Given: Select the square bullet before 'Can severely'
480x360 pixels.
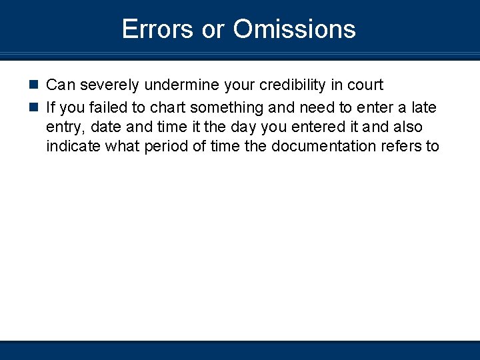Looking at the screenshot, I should click(x=34, y=85).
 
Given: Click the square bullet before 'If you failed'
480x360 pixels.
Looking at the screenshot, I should click(x=34, y=106).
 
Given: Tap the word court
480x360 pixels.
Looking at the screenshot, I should click(x=365, y=85).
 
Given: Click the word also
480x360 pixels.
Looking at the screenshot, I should click(x=407, y=127).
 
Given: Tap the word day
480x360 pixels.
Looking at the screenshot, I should click(x=245, y=127).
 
